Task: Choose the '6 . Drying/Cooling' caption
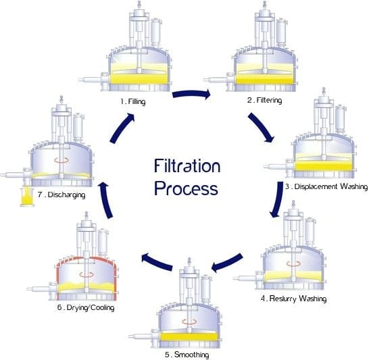86,308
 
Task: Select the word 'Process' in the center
186,187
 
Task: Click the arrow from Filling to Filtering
193,93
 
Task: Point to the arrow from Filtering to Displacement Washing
263,128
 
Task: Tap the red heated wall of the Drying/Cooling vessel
60,277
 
